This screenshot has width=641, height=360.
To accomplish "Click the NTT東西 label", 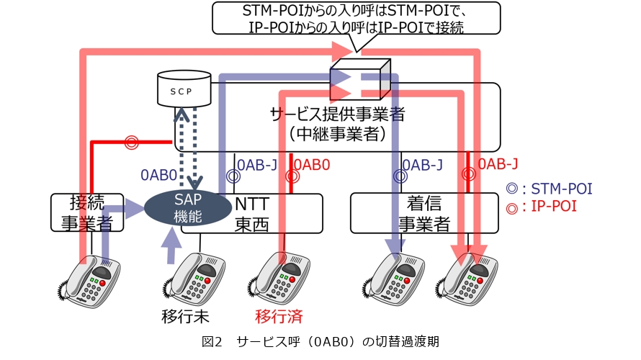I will click(251, 213).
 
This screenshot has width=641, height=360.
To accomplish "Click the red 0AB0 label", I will click(312, 165).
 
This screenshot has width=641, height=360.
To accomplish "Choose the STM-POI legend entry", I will click(549, 189).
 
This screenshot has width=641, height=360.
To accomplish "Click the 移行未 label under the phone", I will click(185, 316).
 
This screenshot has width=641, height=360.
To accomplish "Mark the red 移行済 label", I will click(277, 316).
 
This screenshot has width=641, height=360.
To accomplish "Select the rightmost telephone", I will click(467, 278).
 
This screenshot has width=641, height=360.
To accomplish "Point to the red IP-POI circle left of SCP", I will click(130, 142).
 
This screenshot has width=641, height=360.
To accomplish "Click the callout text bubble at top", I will click(356, 19).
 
